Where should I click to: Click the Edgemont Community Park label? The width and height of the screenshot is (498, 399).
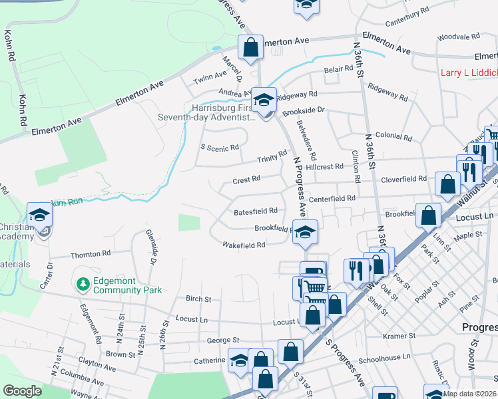click(x=128, y=285)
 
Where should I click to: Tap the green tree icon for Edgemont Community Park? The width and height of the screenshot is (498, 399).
click(x=83, y=285)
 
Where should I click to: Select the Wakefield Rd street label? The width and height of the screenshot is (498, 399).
click(x=244, y=245)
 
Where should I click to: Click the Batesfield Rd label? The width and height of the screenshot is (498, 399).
click(x=255, y=211)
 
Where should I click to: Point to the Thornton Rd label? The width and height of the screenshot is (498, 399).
click(x=91, y=254)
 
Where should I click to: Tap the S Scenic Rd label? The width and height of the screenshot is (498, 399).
click(x=219, y=148)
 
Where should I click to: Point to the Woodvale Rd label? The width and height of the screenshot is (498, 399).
click(x=455, y=37)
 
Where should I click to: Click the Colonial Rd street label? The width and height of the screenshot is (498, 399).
click(x=393, y=136)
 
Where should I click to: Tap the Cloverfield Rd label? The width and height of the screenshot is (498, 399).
click(x=403, y=179)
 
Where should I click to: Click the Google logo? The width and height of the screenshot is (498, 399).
click(x=22, y=391)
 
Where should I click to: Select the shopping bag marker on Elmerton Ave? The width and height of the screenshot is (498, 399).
click(x=251, y=48)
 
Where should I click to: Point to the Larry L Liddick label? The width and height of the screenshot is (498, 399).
click(x=469, y=72)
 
